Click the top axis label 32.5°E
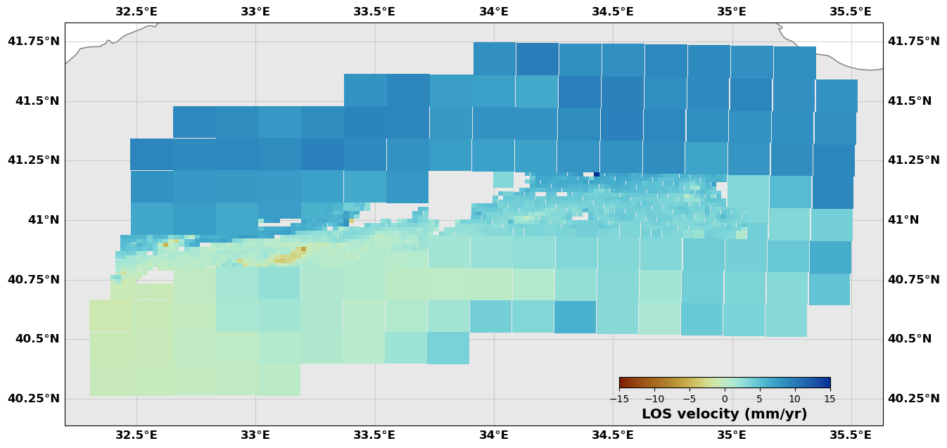click(136, 11)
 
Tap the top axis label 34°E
click(493, 11)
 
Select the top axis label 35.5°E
click(850, 11)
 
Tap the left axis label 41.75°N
click(33, 41)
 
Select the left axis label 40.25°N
click(33, 398)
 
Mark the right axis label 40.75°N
click(913, 279)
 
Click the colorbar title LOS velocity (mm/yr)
click(724, 414)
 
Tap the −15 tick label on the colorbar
click(619, 399)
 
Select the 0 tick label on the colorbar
click(725, 399)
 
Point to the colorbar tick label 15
click(830, 399)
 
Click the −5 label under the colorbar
click(689, 399)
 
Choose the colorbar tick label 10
click(795, 399)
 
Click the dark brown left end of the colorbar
click(622, 383)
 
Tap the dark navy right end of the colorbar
click(827, 383)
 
